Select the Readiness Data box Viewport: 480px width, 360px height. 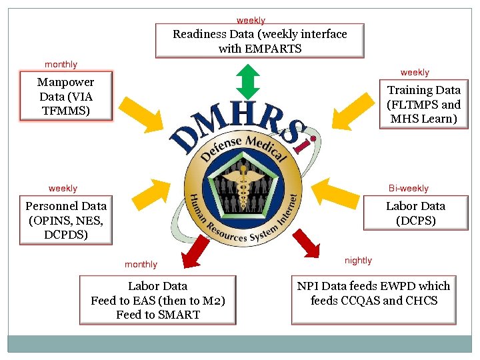(260, 41)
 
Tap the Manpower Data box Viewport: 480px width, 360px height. (66, 96)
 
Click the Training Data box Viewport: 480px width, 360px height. (424, 104)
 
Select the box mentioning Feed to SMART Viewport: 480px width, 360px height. (158, 300)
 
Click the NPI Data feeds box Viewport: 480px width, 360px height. (373, 293)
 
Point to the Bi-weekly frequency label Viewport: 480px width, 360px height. (409, 189)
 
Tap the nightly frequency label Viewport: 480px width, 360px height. (359, 260)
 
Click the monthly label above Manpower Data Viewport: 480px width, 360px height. (61, 65)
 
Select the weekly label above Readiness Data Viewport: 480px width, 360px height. (251, 21)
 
